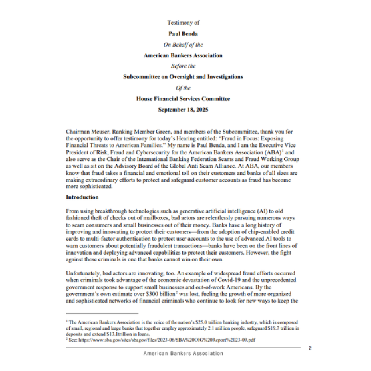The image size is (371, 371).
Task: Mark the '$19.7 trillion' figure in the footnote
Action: pyautogui.click(x=278, y=327)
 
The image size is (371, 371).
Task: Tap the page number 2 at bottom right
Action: pyautogui.click(x=310, y=347)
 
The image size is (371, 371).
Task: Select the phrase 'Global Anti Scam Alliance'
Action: pyautogui.click(x=207, y=159)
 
